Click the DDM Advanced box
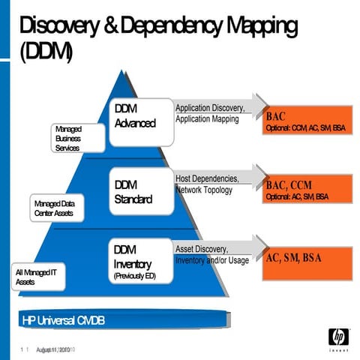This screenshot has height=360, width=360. [142, 121]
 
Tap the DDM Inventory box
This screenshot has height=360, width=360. [142, 259]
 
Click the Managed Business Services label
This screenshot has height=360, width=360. [68, 139]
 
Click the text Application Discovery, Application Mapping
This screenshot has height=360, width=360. [207, 114]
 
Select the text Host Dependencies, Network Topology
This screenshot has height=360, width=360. [207, 184]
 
